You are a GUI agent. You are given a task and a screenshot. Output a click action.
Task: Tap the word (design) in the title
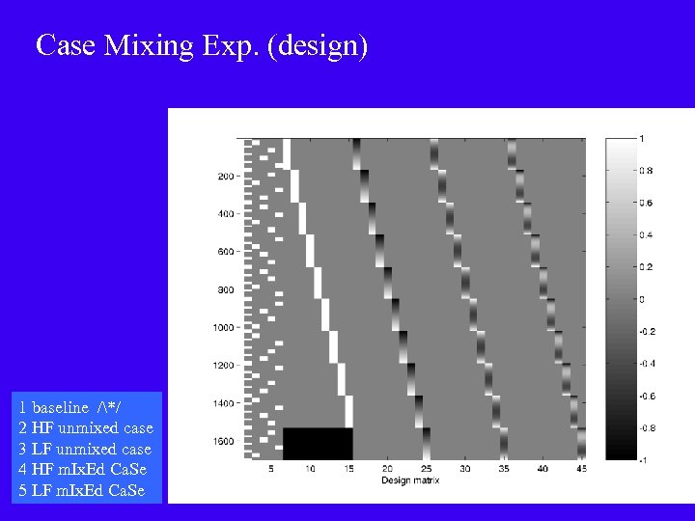pyautogui.click(x=320, y=45)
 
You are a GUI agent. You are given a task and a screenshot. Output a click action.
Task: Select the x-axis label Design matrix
pyautogui.click(x=410, y=480)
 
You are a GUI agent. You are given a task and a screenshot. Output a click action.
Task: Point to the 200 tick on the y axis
pyautogui.click(x=225, y=177)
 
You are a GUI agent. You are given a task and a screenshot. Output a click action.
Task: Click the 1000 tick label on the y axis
pyautogui.click(x=223, y=328)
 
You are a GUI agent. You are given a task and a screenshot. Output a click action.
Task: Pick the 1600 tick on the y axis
pyautogui.click(x=223, y=442)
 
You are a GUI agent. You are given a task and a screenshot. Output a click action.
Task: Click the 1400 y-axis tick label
pyautogui.click(x=223, y=403)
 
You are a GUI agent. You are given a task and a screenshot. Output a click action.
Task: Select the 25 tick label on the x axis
pyautogui.click(x=426, y=468)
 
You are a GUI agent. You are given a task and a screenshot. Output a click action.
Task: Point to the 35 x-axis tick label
pyautogui.click(x=504, y=468)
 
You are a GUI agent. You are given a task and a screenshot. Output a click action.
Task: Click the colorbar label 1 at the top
pyautogui.click(x=642, y=138)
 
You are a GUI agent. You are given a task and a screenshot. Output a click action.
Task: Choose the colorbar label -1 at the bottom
pyautogui.click(x=643, y=460)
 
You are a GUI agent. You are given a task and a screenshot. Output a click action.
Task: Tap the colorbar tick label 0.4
pyautogui.click(x=646, y=234)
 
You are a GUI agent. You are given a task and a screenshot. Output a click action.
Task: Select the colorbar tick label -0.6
pyautogui.click(x=646, y=396)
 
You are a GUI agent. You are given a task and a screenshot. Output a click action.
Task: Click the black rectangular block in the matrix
pyautogui.click(x=318, y=444)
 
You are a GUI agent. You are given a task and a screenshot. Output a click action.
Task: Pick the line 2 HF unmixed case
pyautogui.click(x=85, y=427)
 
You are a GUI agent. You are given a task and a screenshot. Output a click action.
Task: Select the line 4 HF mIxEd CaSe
pyautogui.click(x=82, y=470)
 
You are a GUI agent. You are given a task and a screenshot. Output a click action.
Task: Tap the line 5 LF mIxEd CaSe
pyautogui.click(x=82, y=491)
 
